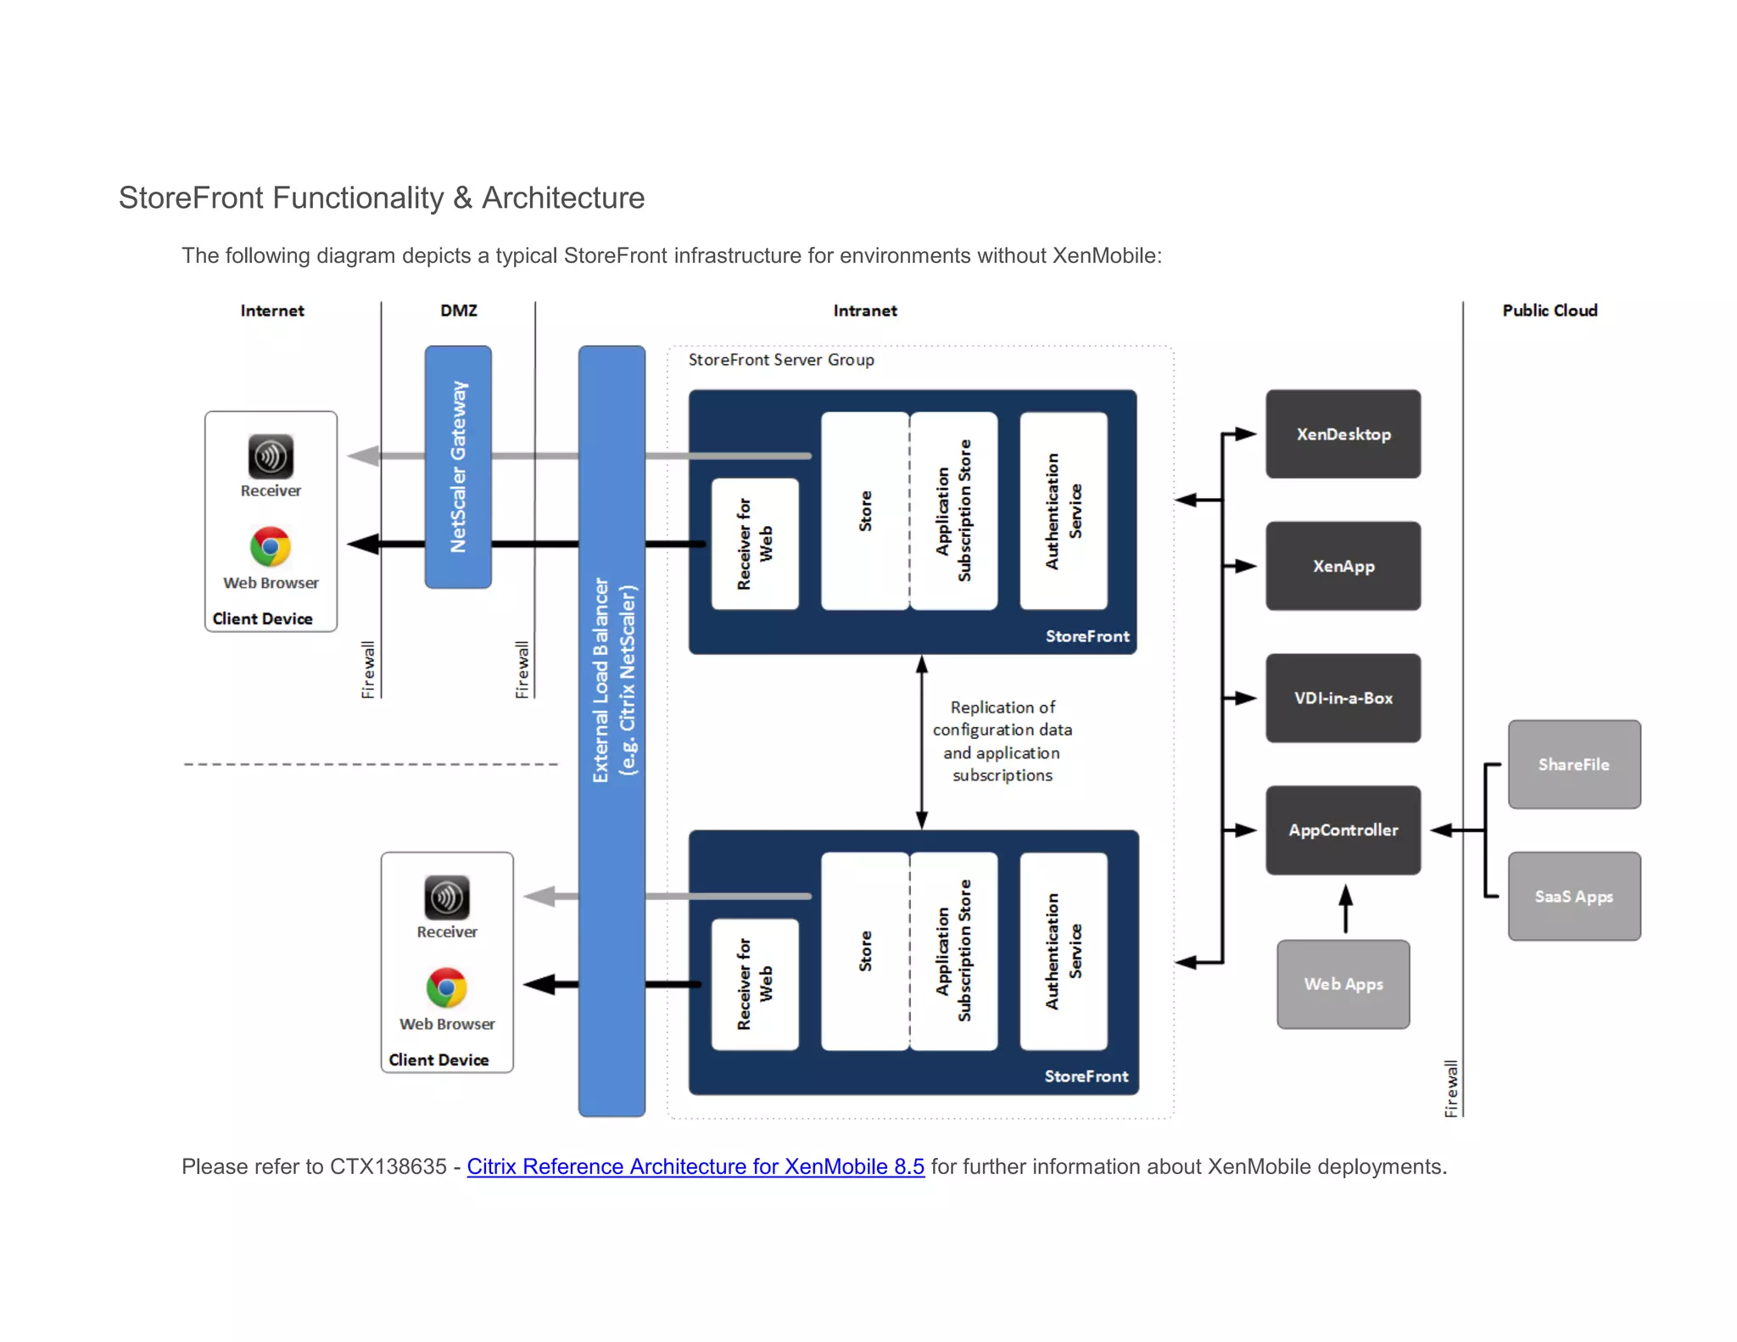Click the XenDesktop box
pos(1343,434)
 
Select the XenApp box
pos(1343,566)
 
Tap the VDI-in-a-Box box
pos(1343,698)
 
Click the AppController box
pos(1343,830)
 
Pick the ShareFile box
pos(1573,764)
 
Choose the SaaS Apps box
pos(1573,896)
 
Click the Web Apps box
pos(1343,984)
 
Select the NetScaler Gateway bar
pos(458,467)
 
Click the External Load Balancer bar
pos(612,730)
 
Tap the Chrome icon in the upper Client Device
pos(271,546)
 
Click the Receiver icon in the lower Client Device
pos(447,897)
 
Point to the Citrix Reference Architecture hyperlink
pos(695,1166)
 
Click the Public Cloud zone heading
pos(1550,310)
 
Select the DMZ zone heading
pos(458,310)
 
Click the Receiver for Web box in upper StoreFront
pos(754,544)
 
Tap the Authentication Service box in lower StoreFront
pos(1064,951)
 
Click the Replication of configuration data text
pos(1002,741)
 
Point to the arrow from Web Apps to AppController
pos(1345,908)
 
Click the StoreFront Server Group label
pos(781,360)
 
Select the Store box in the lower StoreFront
pos(864,951)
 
